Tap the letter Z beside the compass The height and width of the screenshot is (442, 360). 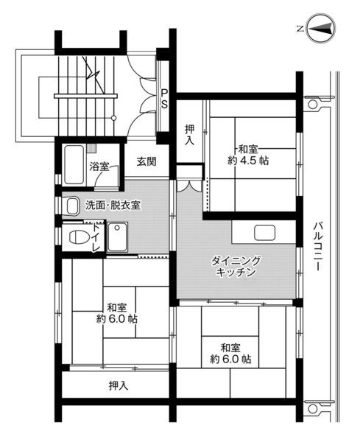[301, 29]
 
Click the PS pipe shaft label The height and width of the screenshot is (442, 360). [165, 97]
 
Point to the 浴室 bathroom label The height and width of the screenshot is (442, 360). [99, 166]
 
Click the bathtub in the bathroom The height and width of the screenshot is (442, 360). [74, 164]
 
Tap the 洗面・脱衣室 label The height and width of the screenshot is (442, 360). [113, 206]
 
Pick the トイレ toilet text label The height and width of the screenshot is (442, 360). [96, 238]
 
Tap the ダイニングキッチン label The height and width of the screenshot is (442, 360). [236, 267]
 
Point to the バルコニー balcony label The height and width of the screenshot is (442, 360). [319, 246]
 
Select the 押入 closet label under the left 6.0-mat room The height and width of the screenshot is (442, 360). [116, 385]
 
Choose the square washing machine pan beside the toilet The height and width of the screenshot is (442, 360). [118, 237]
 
